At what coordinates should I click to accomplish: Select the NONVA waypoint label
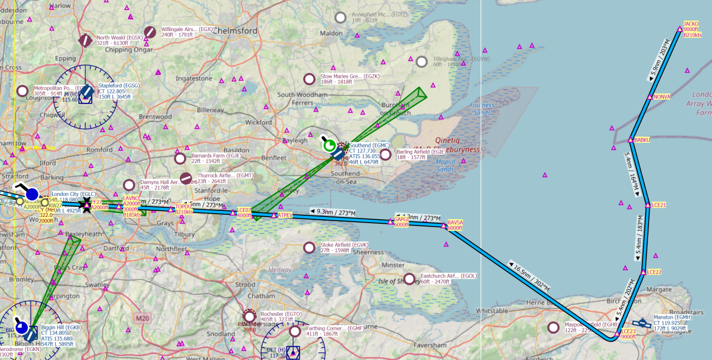[x=662, y=97]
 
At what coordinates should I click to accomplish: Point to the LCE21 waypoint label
[x=659, y=205]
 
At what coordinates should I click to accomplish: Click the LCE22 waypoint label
[x=654, y=272]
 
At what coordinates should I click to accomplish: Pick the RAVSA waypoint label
[x=454, y=223]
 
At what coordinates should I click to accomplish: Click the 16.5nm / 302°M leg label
[x=529, y=276]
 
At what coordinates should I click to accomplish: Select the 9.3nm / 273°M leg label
[x=332, y=213]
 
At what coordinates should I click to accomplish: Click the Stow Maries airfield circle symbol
[x=309, y=79]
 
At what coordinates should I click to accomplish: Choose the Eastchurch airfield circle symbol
[x=409, y=279]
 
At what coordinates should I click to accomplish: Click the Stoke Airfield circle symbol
[x=309, y=247]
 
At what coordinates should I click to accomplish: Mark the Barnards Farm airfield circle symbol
[x=180, y=159]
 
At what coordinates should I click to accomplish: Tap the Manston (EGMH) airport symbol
[x=642, y=323]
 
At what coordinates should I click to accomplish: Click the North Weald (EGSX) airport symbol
[x=85, y=40]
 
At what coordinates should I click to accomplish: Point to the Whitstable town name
[x=492, y=310]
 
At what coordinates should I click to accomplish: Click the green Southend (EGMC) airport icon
[x=329, y=146]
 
